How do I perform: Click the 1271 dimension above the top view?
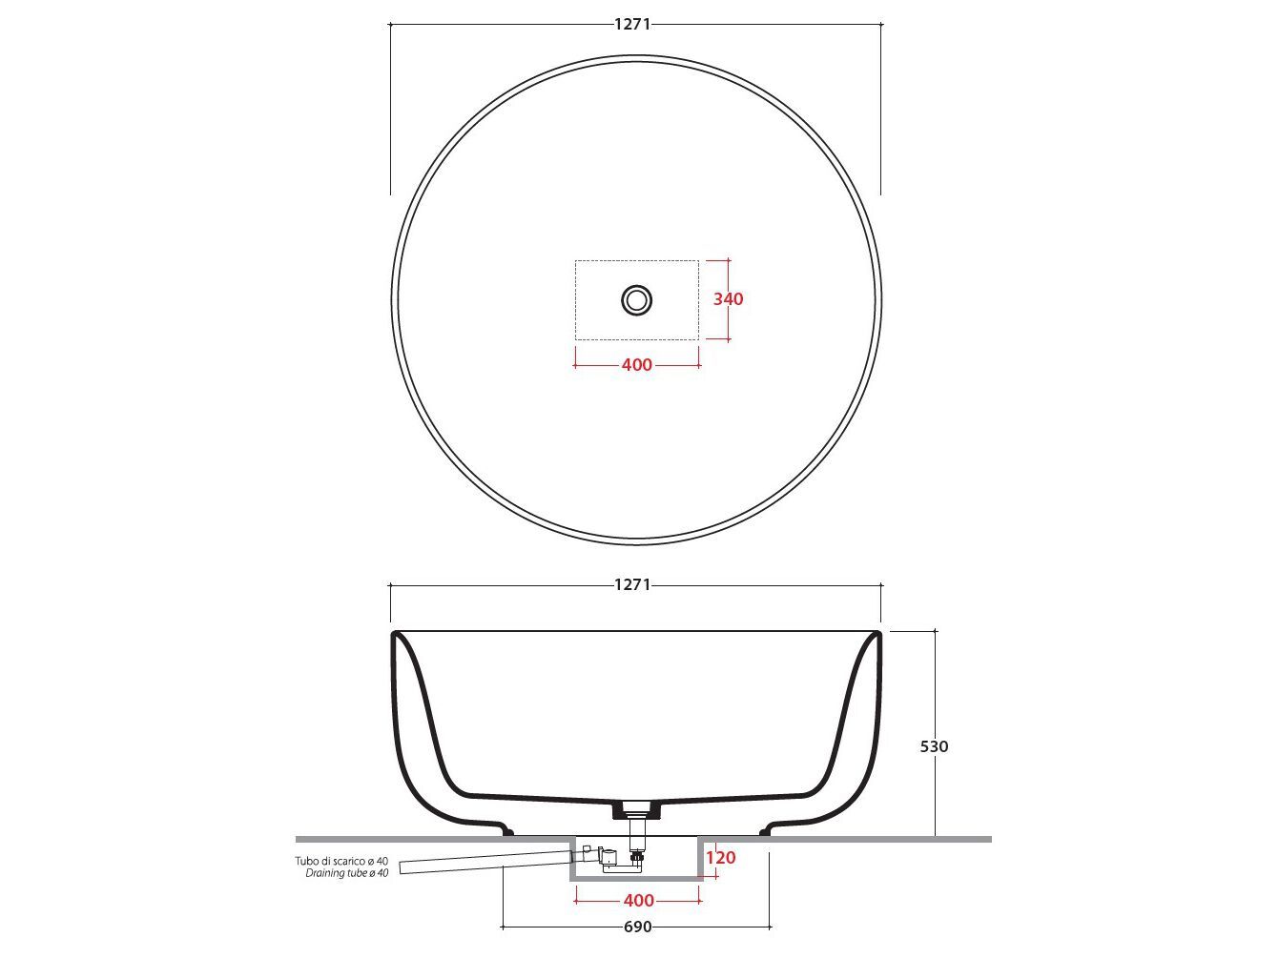pyautogui.click(x=632, y=24)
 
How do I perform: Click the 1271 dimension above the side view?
pyautogui.click(x=632, y=584)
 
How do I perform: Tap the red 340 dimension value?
pyautogui.click(x=729, y=299)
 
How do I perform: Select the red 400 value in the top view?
pyautogui.click(x=636, y=364)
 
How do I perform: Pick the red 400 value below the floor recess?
pyautogui.click(x=638, y=900)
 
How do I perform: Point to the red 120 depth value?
pyautogui.click(x=721, y=858)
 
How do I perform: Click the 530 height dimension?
pyautogui.click(x=935, y=746)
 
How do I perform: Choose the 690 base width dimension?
pyautogui.click(x=637, y=927)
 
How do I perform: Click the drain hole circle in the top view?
pyautogui.click(x=636, y=300)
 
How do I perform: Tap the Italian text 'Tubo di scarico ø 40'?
pyautogui.click(x=341, y=861)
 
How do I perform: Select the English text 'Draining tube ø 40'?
pyautogui.click(x=347, y=873)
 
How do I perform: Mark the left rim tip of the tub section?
pyautogui.click(x=395, y=636)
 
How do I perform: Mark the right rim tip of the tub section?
pyautogui.click(x=877, y=636)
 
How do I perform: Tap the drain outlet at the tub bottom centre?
pyautogui.click(x=636, y=809)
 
